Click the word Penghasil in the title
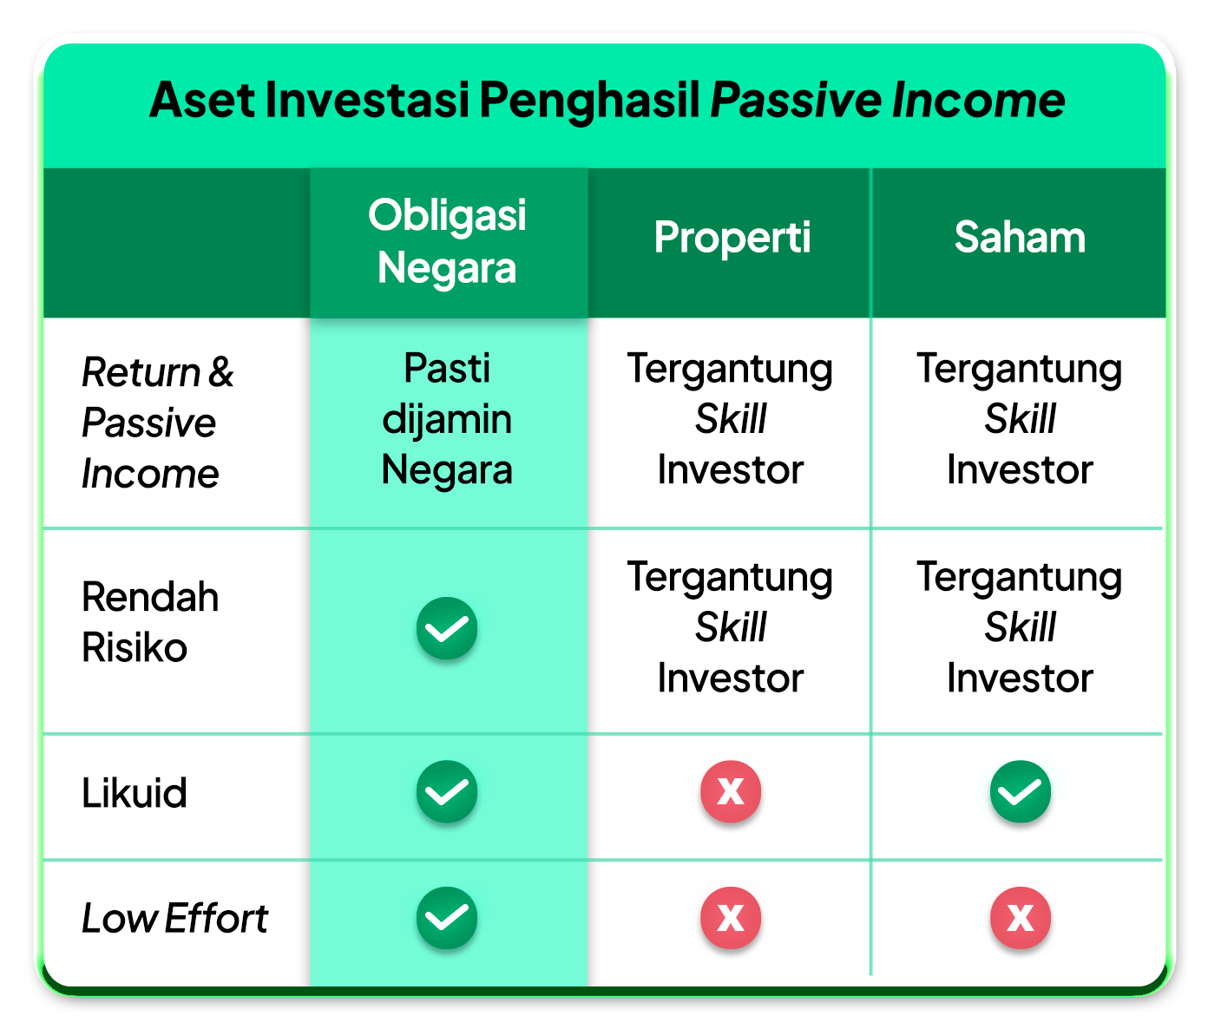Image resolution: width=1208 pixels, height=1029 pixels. [x=590, y=101]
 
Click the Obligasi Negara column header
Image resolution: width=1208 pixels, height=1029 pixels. [x=447, y=241]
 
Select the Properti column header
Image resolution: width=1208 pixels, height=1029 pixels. [x=732, y=237]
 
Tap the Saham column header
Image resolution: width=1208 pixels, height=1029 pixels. [x=1020, y=237]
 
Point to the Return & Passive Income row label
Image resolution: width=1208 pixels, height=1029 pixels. [x=157, y=422]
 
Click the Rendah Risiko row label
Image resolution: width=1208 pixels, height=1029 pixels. [x=150, y=622]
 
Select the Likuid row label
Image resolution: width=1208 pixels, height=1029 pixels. [x=135, y=793]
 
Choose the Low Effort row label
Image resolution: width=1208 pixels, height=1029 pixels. [x=174, y=918]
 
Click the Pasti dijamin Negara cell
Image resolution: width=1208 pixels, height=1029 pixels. [x=447, y=419]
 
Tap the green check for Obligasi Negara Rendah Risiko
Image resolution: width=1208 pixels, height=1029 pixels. [x=447, y=628]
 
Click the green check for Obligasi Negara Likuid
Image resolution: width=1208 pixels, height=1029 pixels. [x=447, y=791]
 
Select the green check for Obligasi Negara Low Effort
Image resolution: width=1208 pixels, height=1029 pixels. [x=447, y=917]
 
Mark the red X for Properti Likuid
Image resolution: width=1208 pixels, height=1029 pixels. [x=731, y=791]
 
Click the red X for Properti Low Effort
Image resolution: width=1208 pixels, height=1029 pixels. [x=731, y=917]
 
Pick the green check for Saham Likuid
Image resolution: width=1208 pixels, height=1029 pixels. [x=1021, y=791]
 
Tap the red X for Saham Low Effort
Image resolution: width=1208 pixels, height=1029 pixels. [x=1021, y=917]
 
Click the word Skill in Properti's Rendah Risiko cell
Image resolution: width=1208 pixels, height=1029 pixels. [x=731, y=627]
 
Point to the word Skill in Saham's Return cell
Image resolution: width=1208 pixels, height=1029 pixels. [x=1020, y=419]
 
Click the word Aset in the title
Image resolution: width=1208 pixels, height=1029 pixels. [x=202, y=101]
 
